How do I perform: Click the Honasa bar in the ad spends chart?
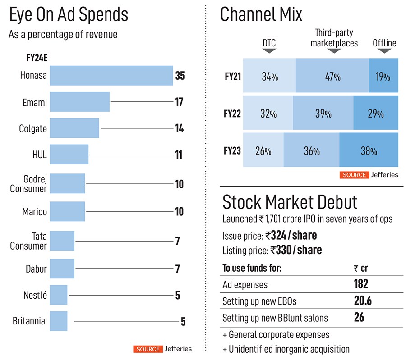pyautogui.click(x=111, y=76)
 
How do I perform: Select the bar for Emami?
pyautogui.click(x=79, y=102)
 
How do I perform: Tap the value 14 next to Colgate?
pyautogui.click(x=179, y=128)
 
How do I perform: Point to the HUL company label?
pyautogui.click(x=40, y=155)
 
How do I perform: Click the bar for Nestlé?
pyautogui.click(x=58, y=295)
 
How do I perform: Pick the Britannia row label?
pyautogui.click(x=29, y=321)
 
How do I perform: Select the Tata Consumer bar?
pyautogui.click(x=62, y=241)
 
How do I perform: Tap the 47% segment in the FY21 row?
pyautogui.click(x=332, y=76)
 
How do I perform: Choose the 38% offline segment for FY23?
pyautogui.click(x=369, y=150)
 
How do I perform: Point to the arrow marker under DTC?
pyautogui.click(x=269, y=51)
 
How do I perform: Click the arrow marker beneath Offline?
pyautogui.click(x=384, y=51)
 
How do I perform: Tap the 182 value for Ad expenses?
pyautogui.click(x=361, y=284)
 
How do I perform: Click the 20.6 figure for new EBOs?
pyautogui.click(x=363, y=301)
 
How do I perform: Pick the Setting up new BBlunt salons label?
pyautogui.click(x=275, y=318)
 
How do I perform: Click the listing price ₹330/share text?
pyautogui.click(x=296, y=250)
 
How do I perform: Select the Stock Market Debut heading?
pyautogui.click(x=290, y=202)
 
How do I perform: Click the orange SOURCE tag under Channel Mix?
pyautogui.click(x=355, y=175)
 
